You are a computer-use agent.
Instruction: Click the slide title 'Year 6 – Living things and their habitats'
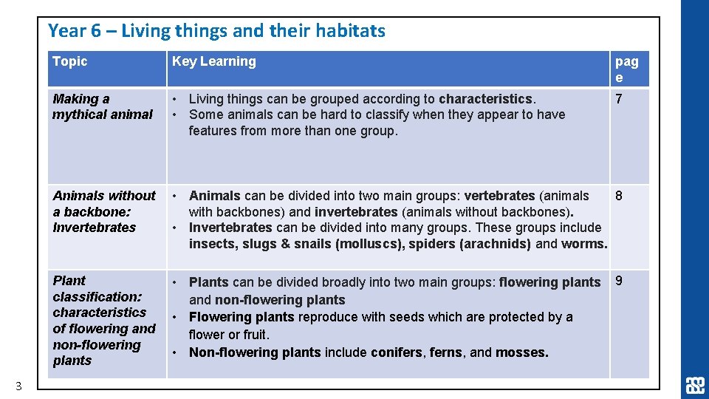coord(216,31)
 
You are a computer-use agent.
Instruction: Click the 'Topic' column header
coord(70,62)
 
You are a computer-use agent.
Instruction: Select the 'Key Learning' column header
coord(213,62)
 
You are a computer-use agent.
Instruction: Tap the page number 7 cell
coord(619,99)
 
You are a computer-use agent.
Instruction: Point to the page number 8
coord(619,196)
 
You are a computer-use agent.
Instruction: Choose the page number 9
coord(619,281)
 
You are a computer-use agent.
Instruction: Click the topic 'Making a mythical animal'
coord(102,106)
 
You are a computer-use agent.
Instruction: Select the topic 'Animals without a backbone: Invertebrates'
coord(104,211)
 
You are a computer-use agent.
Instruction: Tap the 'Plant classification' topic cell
coord(103,321)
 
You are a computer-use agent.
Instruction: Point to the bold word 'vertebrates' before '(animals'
coord(499,196)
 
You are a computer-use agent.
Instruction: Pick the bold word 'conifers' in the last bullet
coord(398,352)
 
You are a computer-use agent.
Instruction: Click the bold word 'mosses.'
coord(522,352)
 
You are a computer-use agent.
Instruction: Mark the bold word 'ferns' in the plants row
coord(445,352)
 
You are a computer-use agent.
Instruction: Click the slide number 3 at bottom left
coord(19,385)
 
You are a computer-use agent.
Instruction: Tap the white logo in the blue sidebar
coord(695,386)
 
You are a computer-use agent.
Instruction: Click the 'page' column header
coord(626,69)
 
